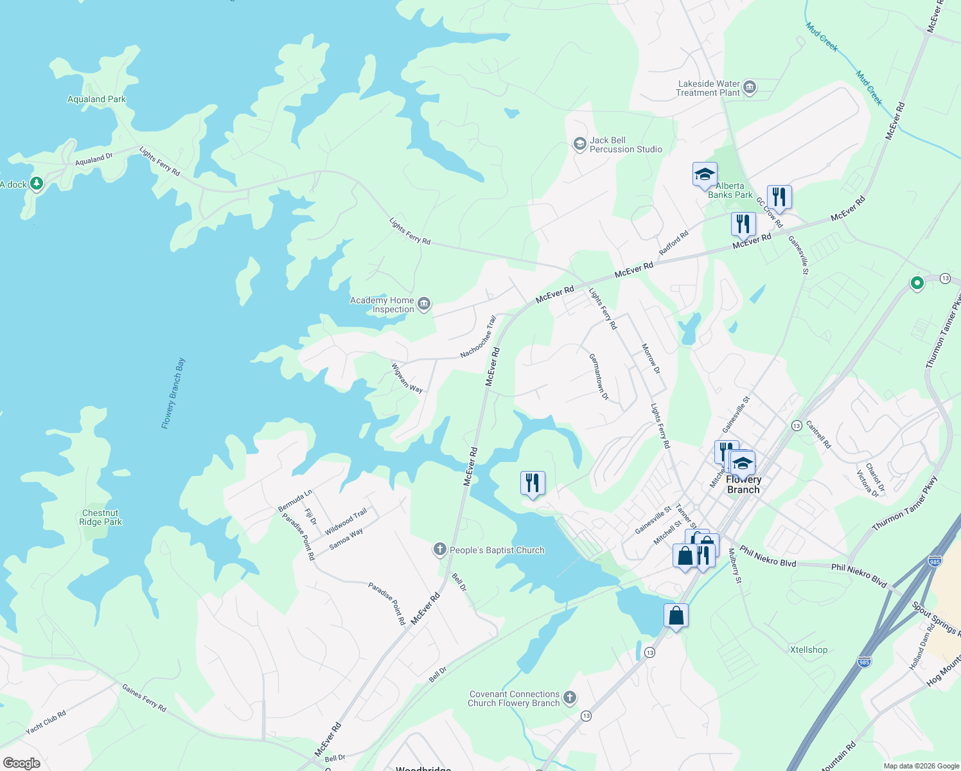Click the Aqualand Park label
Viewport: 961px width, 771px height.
tap(97, 99)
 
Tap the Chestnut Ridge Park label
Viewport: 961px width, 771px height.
tap(101, 517)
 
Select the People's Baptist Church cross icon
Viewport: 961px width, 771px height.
tap(440, 549)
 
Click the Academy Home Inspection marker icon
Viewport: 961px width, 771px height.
tap(423, 304)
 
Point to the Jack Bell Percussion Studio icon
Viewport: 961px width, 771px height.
tap(579, 144)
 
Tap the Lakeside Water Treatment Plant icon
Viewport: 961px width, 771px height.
tap(749, 87)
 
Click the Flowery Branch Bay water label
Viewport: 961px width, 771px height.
tap(173, 393)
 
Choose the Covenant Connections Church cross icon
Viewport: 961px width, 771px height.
tap(569, 698)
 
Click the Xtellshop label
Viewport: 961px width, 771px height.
tap(808, 650)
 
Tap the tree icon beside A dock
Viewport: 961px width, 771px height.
tap(37, 184)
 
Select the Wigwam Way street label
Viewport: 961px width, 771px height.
tap(407, 378)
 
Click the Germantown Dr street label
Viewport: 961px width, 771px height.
tap(599, 377)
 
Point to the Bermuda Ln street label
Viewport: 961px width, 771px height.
tap(295, 501)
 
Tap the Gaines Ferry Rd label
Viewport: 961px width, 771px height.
tap(145, 698)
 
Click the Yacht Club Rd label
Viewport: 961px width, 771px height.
tap(46, 723)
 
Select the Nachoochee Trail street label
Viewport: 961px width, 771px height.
tap(479, 337)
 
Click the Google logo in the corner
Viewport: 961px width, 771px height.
tap(22, 763)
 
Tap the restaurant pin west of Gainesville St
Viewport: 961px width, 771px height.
tap(533, 483)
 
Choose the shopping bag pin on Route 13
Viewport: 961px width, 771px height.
tap(676, 616)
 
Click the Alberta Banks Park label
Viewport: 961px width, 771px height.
tap(730, 190)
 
